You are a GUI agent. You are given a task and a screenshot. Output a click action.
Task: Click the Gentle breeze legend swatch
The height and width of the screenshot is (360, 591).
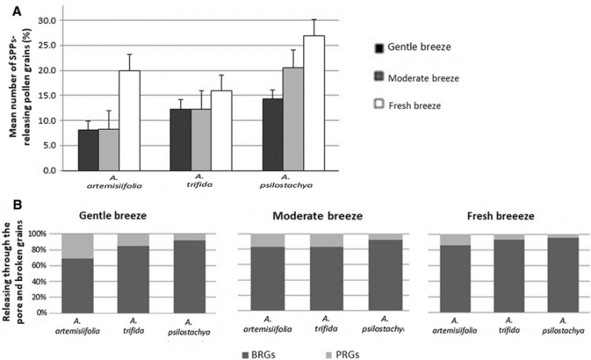(x=379, y=48)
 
